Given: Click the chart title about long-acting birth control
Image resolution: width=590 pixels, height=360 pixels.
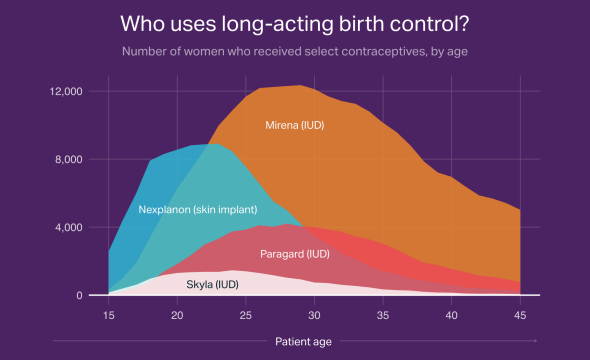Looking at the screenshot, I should (294, 22).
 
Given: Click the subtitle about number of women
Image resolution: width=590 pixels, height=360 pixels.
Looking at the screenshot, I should (294, 51).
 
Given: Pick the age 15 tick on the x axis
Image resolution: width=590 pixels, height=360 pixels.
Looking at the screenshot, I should (108, 316).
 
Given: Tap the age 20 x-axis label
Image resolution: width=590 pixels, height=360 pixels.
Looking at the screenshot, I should (177, 316).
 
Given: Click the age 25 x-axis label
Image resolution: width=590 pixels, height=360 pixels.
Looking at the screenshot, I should (245, 316).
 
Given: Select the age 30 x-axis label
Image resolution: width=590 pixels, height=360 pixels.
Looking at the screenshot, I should (314, 316).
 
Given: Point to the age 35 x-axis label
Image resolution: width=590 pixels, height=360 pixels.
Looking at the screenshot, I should (383, 316).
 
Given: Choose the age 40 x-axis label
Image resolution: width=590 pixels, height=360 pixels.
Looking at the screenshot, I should (451, 316).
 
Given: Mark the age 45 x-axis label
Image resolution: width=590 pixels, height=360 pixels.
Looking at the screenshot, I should (520, 316).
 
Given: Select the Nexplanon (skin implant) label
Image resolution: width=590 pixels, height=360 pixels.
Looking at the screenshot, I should (198, 210).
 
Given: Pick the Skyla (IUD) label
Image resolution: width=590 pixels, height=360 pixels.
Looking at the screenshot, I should (213, 284).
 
